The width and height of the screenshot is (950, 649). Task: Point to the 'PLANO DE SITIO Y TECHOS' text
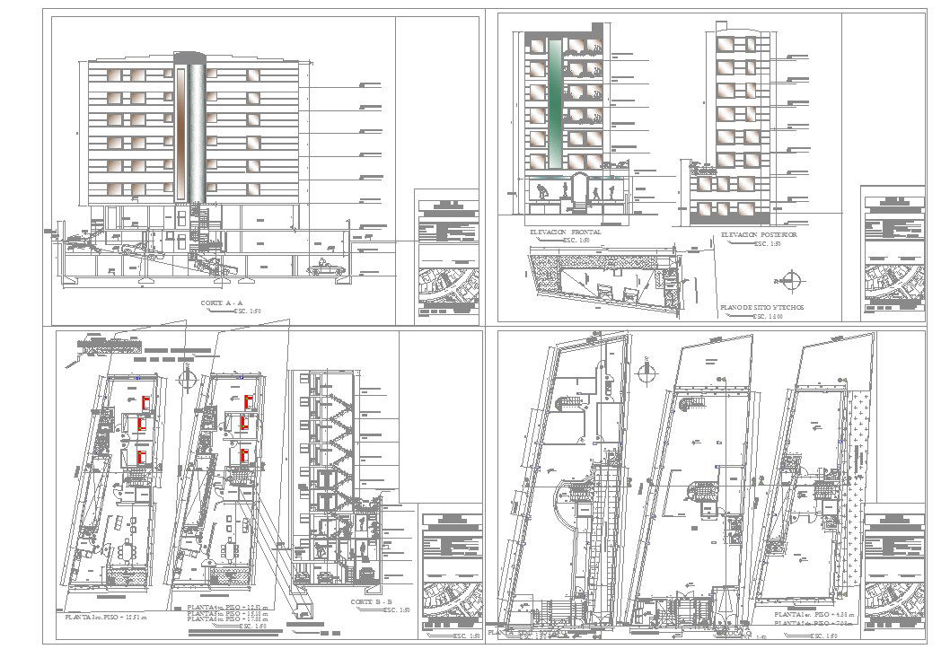tap(761, 308)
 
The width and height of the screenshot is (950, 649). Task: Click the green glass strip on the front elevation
tap(556, 102)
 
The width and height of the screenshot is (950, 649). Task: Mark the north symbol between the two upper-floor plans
tap(187, 377)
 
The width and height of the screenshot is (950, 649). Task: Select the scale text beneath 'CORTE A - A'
tap(251, 311)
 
